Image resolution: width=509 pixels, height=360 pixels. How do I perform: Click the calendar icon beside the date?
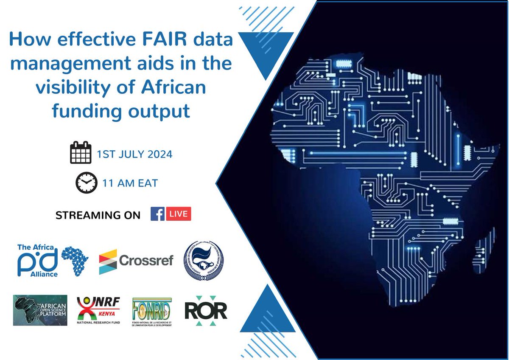coord(81,153)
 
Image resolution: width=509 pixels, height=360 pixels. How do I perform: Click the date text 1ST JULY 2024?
coord(134,154)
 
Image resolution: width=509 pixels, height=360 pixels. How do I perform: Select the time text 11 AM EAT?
coord(130,183)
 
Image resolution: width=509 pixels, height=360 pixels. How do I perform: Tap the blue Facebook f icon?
coord(158,214)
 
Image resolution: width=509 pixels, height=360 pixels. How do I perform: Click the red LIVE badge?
coord(178,214)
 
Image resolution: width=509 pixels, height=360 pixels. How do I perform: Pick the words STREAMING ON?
coord(98,215)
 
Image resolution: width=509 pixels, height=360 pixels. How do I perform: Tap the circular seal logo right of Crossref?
coord(203,260)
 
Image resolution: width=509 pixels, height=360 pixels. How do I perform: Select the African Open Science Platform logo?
coord(40,310)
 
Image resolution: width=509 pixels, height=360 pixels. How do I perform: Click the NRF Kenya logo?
coord(98,310)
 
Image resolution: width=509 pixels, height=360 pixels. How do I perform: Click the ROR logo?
coord(206,311)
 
